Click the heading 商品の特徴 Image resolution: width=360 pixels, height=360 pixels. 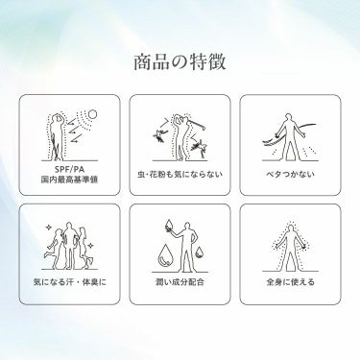[x=180, y=62]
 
